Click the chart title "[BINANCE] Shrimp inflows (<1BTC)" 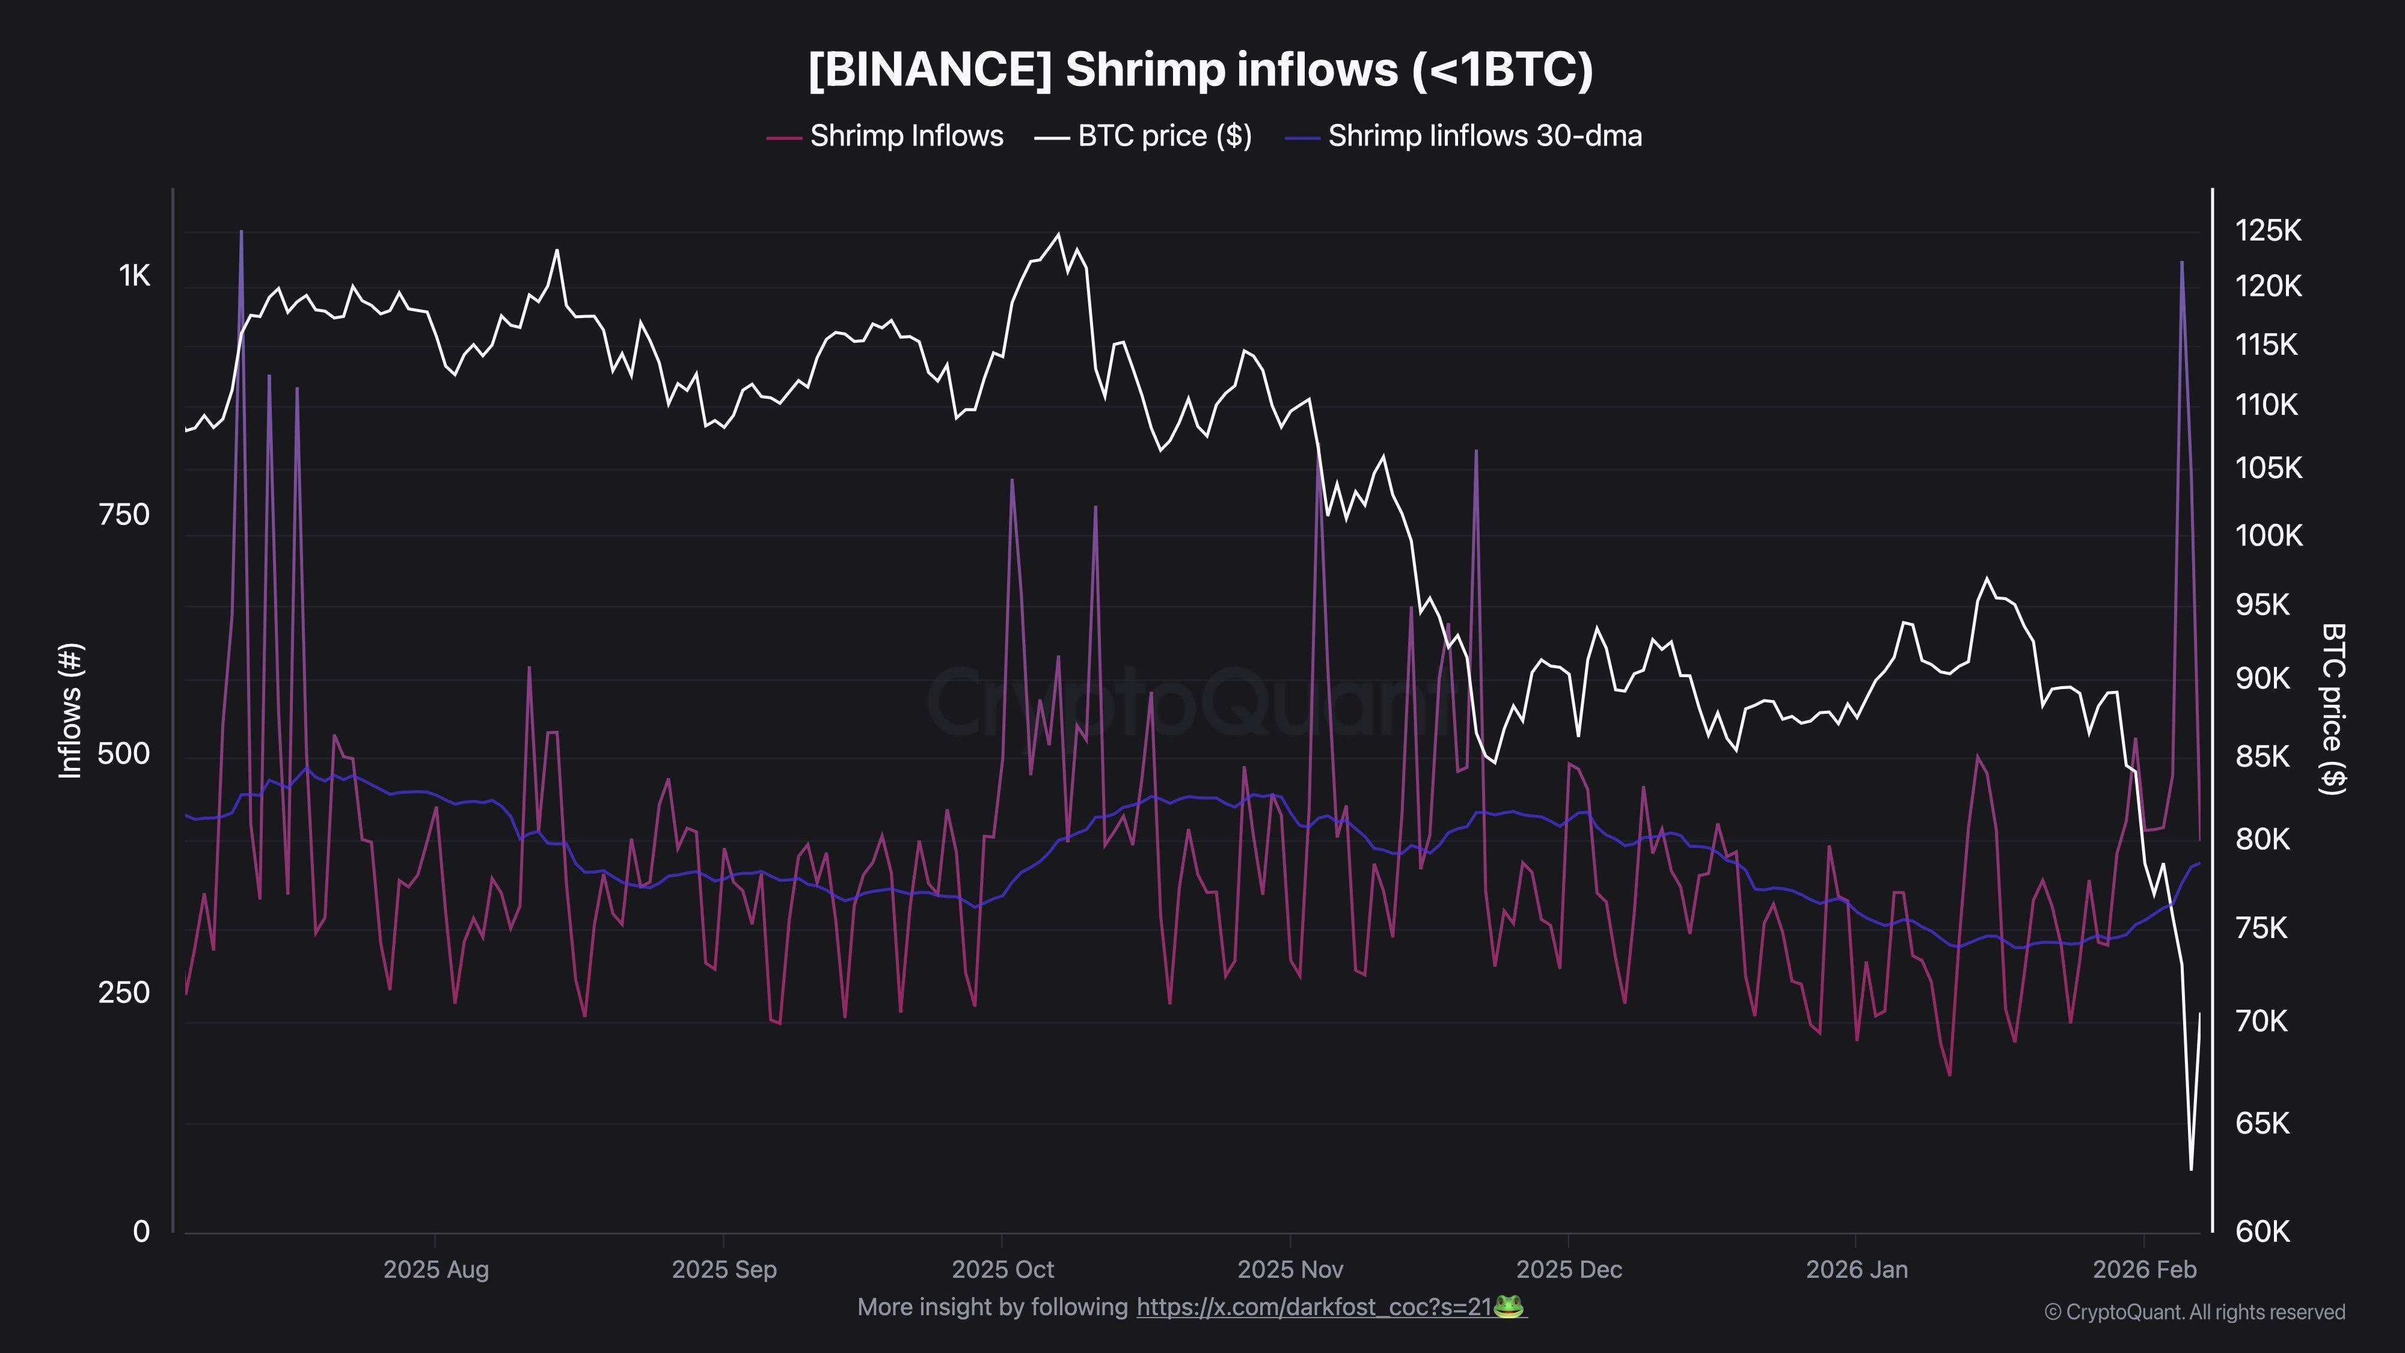point(1201,70)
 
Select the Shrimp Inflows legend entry point(885,137)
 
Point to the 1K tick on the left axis point(133,275)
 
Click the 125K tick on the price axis point(2268,231)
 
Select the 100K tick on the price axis point(2268,536)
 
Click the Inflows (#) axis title point(71,711)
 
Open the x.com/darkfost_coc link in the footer point(1314,1307)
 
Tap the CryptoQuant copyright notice point(2194,1312)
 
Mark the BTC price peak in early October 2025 point(1058,235)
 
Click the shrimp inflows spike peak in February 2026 point(2182,262)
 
